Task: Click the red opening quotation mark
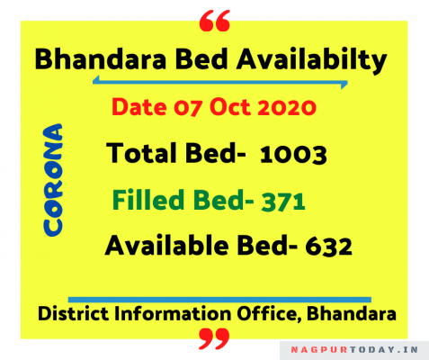[x=215, y=21]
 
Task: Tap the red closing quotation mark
[x=214, y=338]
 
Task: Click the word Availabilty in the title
[x=312, y=61]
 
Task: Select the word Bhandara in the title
[x=101, y=59]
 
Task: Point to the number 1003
[x=293, y=155]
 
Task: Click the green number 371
[x=283, y=202]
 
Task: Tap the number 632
[x=328, y=247]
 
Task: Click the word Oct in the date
[x=230, y=107]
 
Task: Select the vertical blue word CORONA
[x=53, y=180]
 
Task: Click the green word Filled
[x=148, y=200]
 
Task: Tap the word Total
[x=143, y=153]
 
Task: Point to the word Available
[x=166, y=245]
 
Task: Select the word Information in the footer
[x=173, y=314]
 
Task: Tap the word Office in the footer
[x=269, y=314]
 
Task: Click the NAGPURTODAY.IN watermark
[x=354, y=350]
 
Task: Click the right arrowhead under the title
[x=344, y=85]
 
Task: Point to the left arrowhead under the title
[x=96, y=80]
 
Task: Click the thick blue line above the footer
[x=219, y=300]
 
